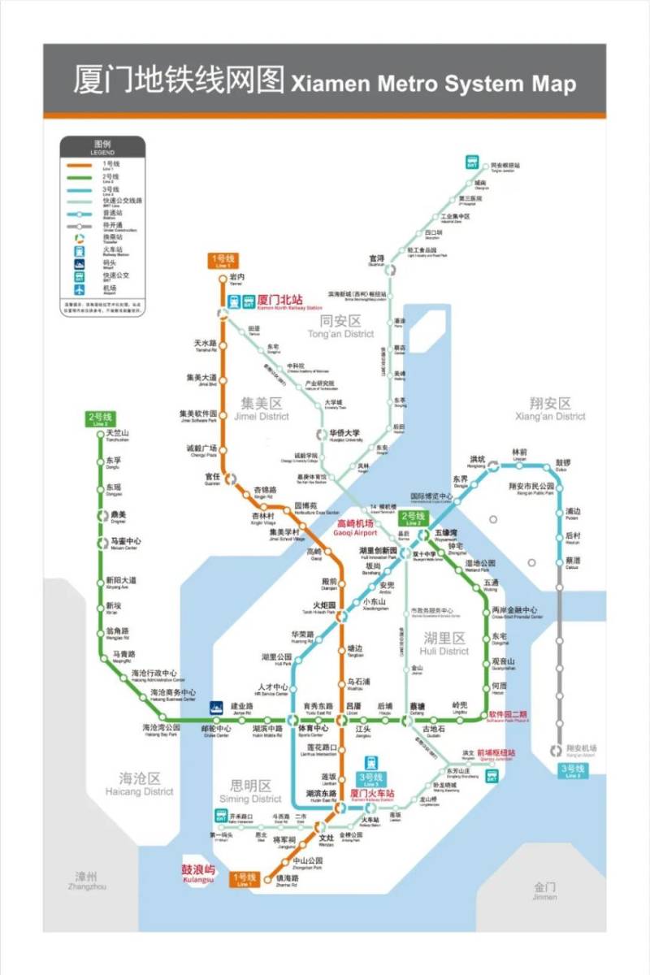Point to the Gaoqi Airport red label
pos(356,527)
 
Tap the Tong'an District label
pos(340,326)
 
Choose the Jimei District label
pos(264,409)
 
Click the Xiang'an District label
pos(550,408)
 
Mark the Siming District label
pos(254,791)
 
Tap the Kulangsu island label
pos(197,873)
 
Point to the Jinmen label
pos(545,891)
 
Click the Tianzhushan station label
pos(118,435)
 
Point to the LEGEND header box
pos(102,147)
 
